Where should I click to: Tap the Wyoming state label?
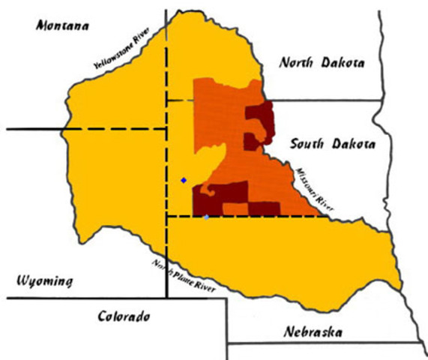(x=45, y=282)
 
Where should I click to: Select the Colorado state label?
(x=124, y=316)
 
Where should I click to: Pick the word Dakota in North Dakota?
(x=343, y=63)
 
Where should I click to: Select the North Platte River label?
(x=184, y=276)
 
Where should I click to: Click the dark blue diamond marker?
(x=183, y=180)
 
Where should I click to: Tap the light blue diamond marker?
(x=207, y=217)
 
